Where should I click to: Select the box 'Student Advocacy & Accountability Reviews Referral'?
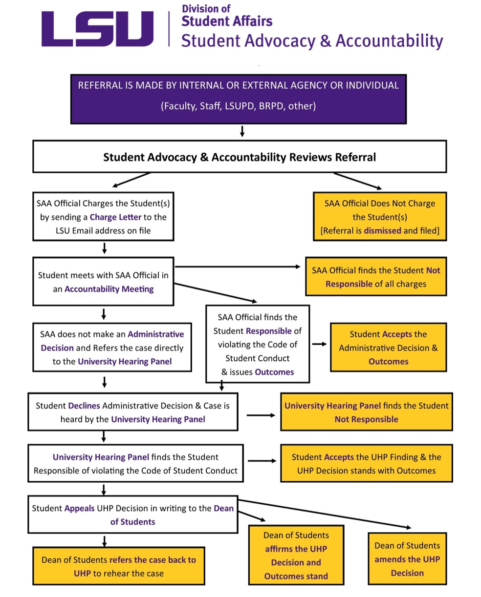(240, 157)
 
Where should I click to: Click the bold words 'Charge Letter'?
(115, 217)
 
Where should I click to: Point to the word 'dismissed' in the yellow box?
(382, 230)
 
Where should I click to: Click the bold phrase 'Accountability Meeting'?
(109, 289)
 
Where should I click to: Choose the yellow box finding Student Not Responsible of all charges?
(376, 277)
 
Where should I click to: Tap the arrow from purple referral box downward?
(242, 131)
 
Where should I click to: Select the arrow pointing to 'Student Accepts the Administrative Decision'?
(319, 344)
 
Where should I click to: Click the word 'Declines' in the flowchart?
(84, 406)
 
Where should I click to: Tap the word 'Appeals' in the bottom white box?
(79, 508)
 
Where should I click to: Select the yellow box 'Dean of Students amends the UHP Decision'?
(407, 559)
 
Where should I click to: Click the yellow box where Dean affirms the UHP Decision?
(296, 556)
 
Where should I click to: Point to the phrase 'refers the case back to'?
(153, 560)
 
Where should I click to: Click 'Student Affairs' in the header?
(227, 21)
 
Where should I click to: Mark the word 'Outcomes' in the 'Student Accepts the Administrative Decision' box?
(389, 362)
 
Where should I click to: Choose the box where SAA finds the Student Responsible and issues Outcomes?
(258, 345)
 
